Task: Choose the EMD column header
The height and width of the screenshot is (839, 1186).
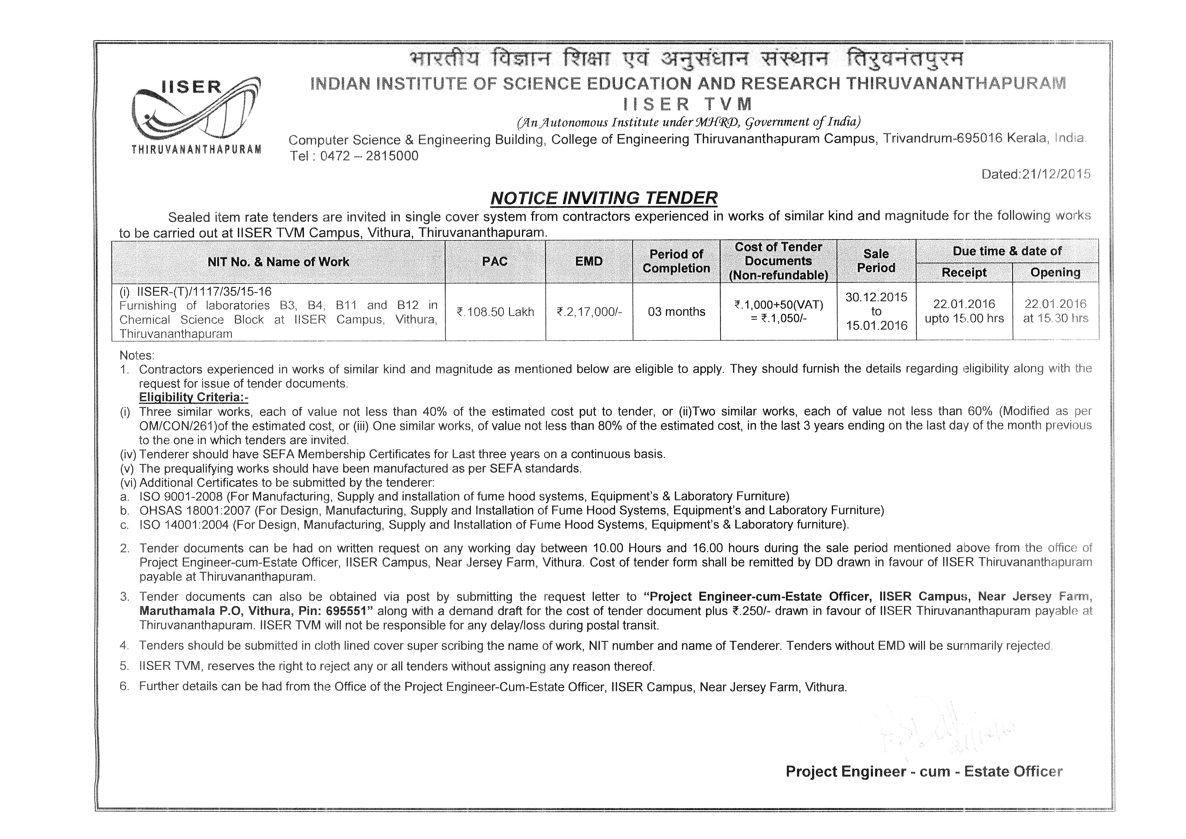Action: (589, 262)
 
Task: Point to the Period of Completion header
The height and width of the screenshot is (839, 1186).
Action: (676, 262)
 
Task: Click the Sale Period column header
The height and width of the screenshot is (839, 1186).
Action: (876, 261)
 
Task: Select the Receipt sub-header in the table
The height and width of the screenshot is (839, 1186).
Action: (964, 273)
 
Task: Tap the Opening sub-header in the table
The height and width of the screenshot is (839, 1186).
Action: (1055, 273)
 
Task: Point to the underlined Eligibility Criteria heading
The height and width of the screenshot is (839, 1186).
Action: (194, 398)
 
